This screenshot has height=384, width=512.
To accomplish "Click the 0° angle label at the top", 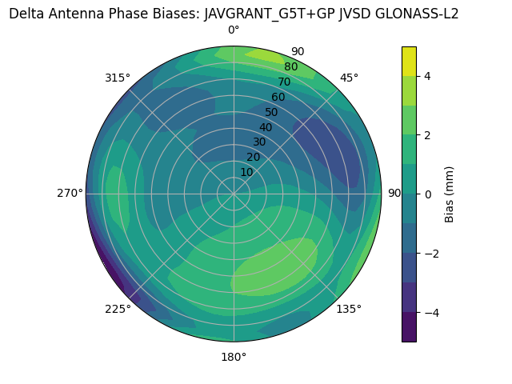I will pos(234,30).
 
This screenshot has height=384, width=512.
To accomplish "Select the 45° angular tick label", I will pos(349,78).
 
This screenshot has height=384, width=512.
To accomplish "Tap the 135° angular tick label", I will pos(349,309).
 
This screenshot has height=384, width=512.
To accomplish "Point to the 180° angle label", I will pos(234,357).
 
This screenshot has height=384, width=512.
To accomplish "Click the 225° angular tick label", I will pos(118,310).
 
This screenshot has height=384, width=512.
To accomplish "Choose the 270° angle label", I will pos(70,193).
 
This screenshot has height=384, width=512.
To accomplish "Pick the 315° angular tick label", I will pos(118,78).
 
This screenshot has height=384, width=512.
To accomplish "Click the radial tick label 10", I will pos(246,172).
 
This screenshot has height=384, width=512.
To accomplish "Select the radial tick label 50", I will pos(272,112).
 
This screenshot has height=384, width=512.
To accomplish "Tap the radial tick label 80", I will pos(291,66).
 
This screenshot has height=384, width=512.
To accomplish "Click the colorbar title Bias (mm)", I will pos(450,194).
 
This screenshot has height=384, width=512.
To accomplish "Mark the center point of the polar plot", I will pos(234,194).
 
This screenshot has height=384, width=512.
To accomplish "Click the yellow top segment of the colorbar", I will pos(409,61).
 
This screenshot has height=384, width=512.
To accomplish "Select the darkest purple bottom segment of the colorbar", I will pos(409,327).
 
